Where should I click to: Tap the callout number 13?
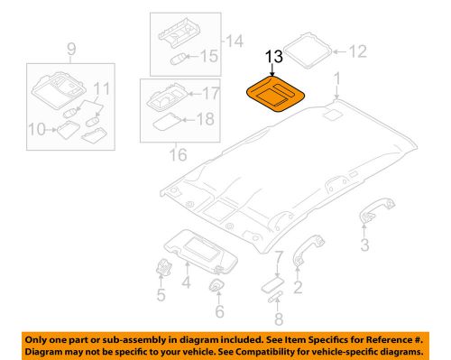[273, 58]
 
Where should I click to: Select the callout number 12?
[358, 52]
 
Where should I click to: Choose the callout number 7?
[279, 258]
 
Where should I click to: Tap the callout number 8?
[279, 318]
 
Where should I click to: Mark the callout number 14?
[235, 40]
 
